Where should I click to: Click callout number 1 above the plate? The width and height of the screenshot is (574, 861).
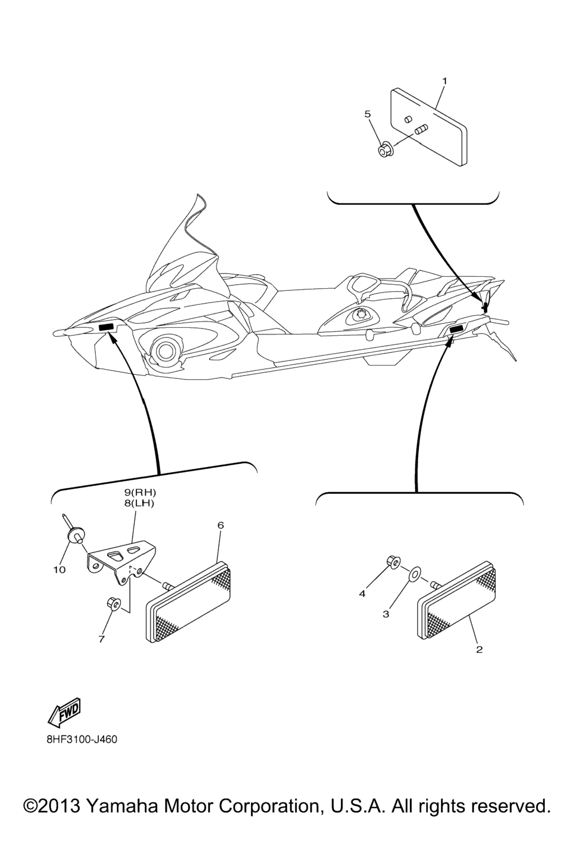coord(445,81)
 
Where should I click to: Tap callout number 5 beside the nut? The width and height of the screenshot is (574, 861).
coord(368,114)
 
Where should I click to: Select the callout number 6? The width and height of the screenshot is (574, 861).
coord(221,525)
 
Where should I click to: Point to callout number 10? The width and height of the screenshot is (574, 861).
coord(59,570)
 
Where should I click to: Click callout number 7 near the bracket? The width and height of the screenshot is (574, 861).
coord(101,639)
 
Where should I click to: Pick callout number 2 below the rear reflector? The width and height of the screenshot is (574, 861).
coord(479,650)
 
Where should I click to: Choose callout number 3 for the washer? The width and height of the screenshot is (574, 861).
coord(386,614)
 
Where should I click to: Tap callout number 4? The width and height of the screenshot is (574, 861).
coord(362,594)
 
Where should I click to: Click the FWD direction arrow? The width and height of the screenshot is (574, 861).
coord(64,710)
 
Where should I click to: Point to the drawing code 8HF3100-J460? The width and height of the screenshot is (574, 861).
coord(82,739)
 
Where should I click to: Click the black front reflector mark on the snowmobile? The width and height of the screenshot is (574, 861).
coord(107,327)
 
